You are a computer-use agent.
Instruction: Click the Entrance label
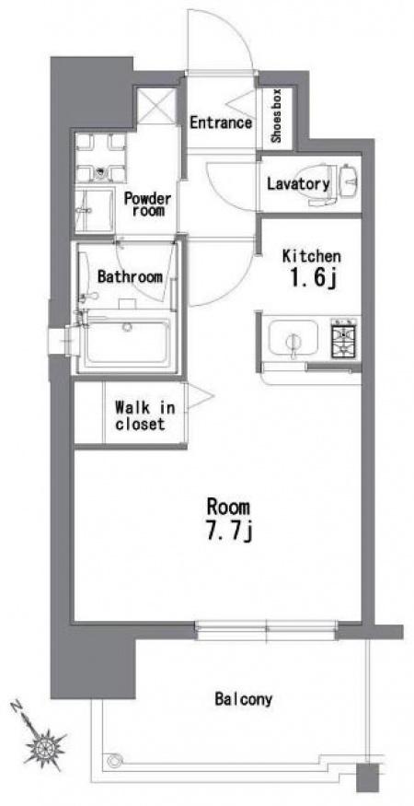pos(221,123)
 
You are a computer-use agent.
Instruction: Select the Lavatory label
pos(298,184)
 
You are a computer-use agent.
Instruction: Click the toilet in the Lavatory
pos(325,184)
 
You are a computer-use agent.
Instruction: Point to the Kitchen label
pos(311,255)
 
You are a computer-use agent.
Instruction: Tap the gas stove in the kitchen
pos(345,338)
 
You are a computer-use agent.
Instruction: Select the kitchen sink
pos(293,339)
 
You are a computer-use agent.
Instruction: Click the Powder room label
pos(147,204)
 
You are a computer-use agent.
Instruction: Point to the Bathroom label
pos(130,277)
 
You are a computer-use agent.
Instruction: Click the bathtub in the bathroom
pos(127,340)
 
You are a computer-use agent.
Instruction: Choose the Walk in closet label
pos(144,415)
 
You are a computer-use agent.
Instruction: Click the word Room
pos(228,507)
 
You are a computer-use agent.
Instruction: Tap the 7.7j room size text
pos(228,532)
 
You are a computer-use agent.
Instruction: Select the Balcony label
pos(244,699)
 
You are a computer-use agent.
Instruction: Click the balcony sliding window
pos(266,630)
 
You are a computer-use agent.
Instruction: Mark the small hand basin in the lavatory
pos(350,181)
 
